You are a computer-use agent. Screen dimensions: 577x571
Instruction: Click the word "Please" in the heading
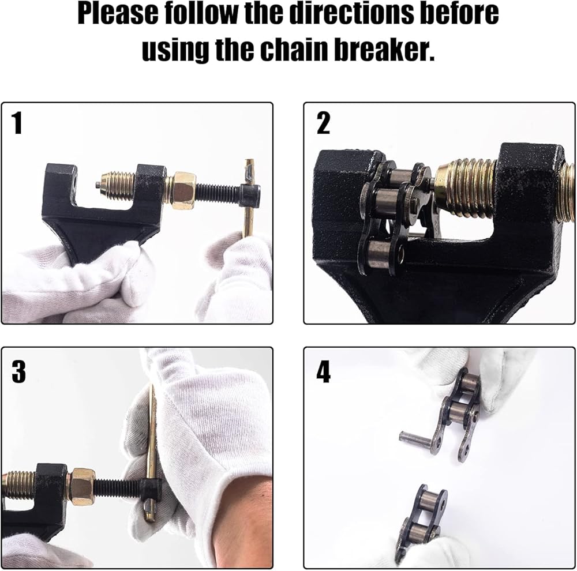118,14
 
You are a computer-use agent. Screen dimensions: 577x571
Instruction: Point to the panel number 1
17,123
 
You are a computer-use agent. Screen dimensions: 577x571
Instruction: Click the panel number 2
323,123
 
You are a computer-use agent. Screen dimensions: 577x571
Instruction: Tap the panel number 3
18,371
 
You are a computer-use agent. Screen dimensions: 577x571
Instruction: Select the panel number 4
323,371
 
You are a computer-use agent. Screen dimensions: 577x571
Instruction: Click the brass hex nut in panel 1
183,190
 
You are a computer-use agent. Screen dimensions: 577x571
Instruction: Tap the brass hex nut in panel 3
82,486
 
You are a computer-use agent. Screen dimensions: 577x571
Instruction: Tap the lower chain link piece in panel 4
421,523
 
